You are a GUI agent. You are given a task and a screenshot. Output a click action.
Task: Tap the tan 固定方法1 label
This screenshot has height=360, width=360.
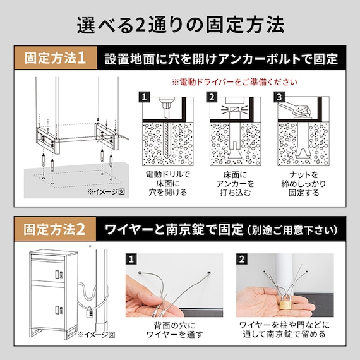[56, 60]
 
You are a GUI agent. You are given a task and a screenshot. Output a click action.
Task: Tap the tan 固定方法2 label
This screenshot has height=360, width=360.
[56, 228]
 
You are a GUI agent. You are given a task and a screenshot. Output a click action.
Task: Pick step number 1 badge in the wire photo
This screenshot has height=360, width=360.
[131, 260]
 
